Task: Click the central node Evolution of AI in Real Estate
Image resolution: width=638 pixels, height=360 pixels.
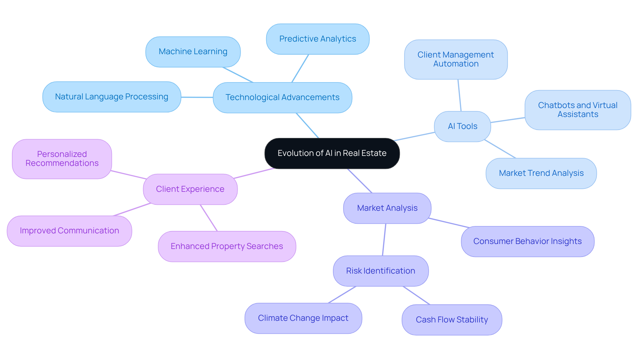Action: (x=332, y=153)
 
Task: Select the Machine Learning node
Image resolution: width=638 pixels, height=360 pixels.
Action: (x=193, y=52)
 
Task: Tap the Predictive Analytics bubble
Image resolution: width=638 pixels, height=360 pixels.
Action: (x=318, y=39)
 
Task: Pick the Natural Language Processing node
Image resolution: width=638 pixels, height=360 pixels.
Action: (x=112, y=97)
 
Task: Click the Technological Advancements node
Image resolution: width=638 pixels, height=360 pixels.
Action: (x=282, y=97)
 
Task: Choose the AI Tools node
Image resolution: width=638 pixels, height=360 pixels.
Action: (x=462, y=126)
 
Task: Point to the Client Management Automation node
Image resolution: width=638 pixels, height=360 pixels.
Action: (x=456, y=60)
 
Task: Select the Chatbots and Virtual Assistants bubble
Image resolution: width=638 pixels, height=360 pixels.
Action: (x=578, y=110)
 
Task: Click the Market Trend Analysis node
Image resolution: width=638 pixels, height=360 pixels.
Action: (x=541, y=173)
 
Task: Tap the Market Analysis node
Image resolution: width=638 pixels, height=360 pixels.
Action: (x=387, y=208)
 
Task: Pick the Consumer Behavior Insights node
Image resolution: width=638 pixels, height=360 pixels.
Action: (x=527, y=241)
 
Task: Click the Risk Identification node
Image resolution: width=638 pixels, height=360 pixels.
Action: (x=380, y=271)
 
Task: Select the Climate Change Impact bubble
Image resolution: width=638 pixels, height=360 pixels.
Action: (x=303, y=318)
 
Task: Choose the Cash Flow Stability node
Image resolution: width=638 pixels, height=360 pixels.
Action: (x=452, y=320)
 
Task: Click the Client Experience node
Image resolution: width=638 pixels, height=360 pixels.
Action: (x=190, y=189)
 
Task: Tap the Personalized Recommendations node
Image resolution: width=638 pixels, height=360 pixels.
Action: (x=62, y=159)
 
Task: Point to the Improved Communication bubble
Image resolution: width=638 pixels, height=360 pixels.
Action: (x=69, y=231)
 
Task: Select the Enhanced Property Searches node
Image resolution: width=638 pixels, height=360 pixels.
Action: (x=227, y=246)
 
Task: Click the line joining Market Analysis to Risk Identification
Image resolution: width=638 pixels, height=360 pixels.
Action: (x=384, y=240)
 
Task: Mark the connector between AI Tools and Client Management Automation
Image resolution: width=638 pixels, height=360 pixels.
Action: (x=460, y=95)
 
